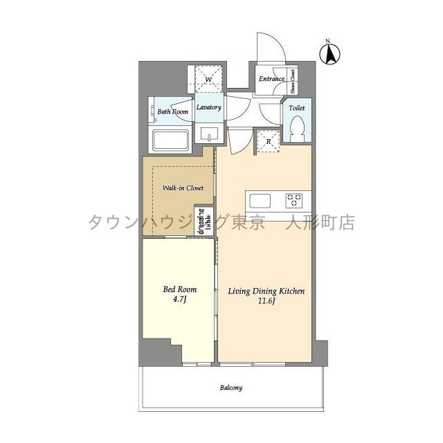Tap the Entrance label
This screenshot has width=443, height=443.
[x=271, y=79]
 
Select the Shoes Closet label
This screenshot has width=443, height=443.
[x=293, y=81]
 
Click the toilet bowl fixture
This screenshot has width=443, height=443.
[x=298, y=128]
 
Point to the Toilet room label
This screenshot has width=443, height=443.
[x=296, y=108]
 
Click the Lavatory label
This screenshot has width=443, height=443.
[x=208, y=108]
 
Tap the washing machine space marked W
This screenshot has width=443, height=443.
[x=208, y=80]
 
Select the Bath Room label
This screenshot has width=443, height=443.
[x=172, y=111]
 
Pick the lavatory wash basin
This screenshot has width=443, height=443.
[x=208, y=133]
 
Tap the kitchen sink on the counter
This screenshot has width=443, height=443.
[x=261, y=201]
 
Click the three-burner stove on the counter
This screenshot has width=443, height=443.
[x=294, y=201]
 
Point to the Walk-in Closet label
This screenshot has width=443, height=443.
[x=183, y=188]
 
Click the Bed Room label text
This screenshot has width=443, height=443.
[x=180, y=289]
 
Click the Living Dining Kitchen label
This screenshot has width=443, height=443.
[x=266, y=292]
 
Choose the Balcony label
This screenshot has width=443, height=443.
[x=232, y=388]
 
